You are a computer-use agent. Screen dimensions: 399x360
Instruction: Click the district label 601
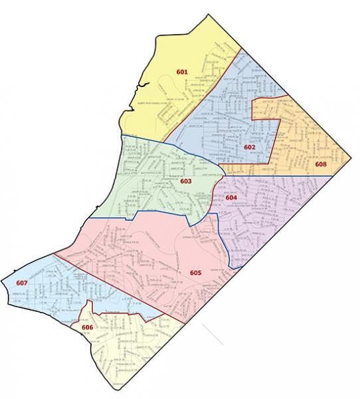pyautogui.click(x=182, y=71)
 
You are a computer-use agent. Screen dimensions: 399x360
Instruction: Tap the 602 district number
pyautogui.click(x=250, y=146)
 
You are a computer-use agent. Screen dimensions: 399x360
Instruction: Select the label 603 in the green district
pyautogui.click(x=186, y=180)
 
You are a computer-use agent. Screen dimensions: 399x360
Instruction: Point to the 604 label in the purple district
pyautogui.click(x=231, y=198)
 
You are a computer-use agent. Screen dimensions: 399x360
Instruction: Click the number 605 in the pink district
pyautogui.click(x=195, y=273)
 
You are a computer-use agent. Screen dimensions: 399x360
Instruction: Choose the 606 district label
pyautogui.click(x=86, y=328)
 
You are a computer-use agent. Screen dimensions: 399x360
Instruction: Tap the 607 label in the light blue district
pyautogui.click(x=21, y=284)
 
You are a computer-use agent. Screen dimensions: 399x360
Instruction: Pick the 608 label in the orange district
pyautogui.click(x=321, y=164)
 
